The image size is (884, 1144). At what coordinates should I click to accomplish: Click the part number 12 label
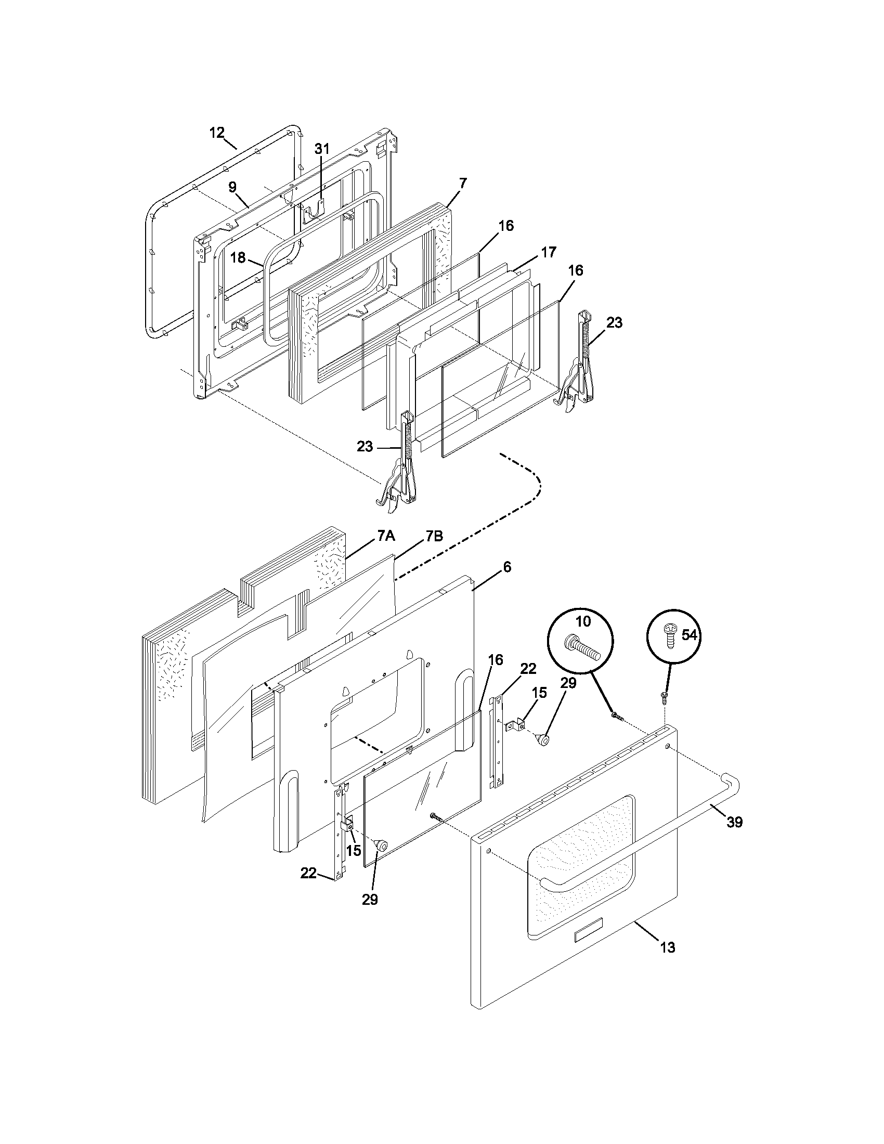[x=217, y=133]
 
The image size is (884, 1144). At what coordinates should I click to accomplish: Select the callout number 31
[x=322, y=149]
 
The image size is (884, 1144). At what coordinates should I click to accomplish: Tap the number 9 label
[x=232, y=188]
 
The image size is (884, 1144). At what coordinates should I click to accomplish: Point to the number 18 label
[x=238, y=258]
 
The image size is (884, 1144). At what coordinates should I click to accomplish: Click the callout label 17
[x=548, y=252]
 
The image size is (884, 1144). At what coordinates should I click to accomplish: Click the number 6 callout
[x=506, y=567]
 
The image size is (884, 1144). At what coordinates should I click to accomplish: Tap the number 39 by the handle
[x=735, y=823]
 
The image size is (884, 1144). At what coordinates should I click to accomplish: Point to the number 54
[x=690, y=635]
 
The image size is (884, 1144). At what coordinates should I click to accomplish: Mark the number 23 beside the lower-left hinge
[x=365, y=447]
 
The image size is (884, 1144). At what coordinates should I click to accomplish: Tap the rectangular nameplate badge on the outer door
[x=588, y=935]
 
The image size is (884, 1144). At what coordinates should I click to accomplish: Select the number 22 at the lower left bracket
[x=308, y=873]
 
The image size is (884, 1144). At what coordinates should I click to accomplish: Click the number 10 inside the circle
[x=582, y=621]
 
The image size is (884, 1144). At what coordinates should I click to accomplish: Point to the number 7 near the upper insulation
[x=463, y=184]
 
